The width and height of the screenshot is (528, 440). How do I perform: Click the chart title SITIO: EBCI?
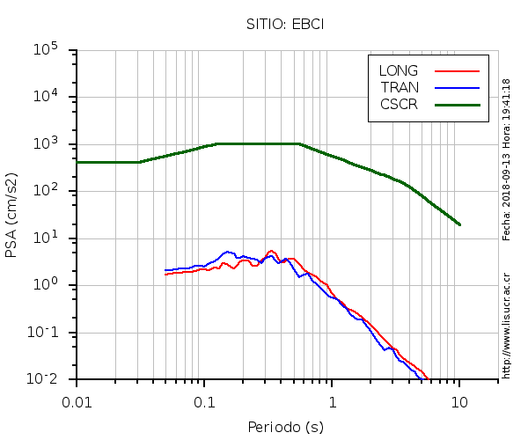coord(285,24)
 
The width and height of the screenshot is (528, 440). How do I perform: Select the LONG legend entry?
coord(399,70)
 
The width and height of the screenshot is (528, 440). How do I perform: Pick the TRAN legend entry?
coord(399,87)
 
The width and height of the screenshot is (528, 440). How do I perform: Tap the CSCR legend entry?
coord(399,104)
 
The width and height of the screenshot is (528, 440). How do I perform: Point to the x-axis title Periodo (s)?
coord(285,427)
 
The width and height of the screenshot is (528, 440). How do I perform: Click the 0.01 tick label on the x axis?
coord(77,401)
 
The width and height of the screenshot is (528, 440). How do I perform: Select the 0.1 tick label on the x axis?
coord(204,401)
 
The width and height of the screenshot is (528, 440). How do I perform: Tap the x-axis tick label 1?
coord(332,401)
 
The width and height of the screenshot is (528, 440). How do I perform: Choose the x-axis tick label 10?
coord(459,401)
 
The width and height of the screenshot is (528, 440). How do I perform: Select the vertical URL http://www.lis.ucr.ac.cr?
coord(506,326)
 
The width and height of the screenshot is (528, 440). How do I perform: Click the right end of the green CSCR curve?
coord(459,224)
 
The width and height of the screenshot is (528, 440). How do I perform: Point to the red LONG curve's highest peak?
coord(272,251)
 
